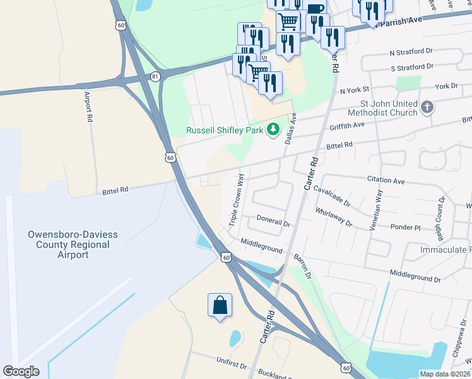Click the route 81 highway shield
(156, 76)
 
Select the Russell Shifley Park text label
(225, 131)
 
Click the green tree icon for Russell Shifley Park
(273, 129)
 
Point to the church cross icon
(427, 107)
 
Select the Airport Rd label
(89, 107)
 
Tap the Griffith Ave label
(347, 126)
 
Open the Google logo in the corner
(21, 371)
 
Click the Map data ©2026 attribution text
(445, 374)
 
